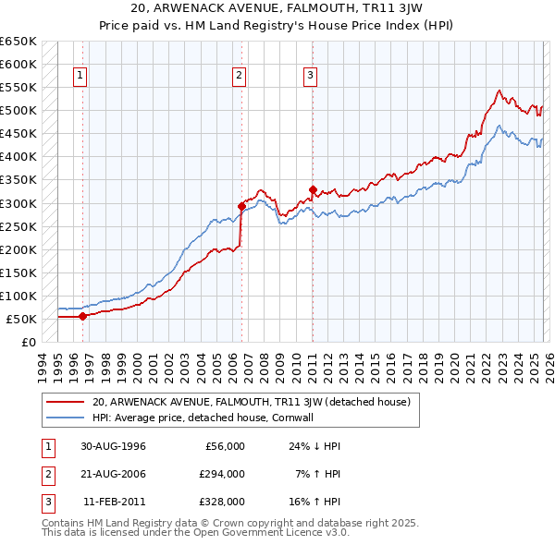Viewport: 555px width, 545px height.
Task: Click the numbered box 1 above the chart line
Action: pos(82,76)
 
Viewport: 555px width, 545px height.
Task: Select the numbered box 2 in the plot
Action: pos(240,76)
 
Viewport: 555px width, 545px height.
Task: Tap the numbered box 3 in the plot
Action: pos(311,76)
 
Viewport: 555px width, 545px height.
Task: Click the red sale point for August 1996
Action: pos(83,316)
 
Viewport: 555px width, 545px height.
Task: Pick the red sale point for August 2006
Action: pos(241,206)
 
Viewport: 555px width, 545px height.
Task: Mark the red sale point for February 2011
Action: pos(313,189)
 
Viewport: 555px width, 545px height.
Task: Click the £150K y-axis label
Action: pos(18,272)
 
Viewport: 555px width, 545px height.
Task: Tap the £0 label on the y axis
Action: pos(27,343)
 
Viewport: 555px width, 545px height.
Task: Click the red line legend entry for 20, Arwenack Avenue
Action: pos(256,402)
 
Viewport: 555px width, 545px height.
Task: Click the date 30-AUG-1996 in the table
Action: pos(113,446)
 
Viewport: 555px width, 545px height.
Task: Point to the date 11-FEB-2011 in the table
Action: pos(114,502)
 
